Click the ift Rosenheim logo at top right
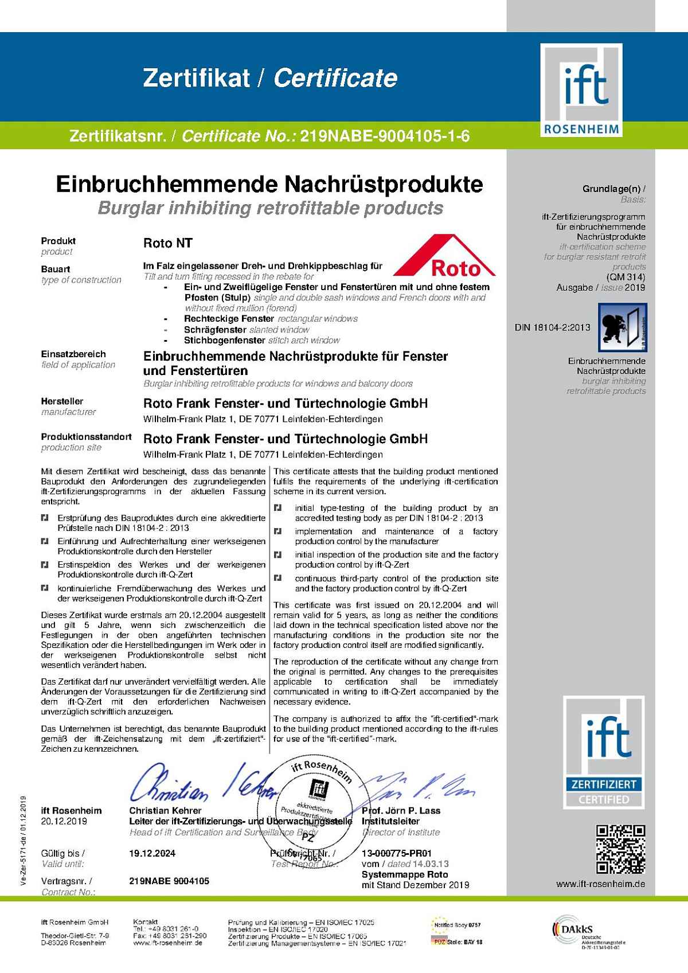(x=582, y=91)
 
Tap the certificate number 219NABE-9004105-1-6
(x=385, y=137)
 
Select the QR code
(x=620, y=849)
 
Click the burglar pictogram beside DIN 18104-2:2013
(x=622, y=327)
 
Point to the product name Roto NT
(x=167, y=243)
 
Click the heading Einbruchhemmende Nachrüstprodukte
(x=269, y=184)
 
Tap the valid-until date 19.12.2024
(x=152, y=853)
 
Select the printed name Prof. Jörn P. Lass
(x=401, y=811)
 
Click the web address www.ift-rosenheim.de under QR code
(x=600, y=884)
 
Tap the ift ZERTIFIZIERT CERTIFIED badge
(x=604, y=752)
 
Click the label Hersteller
(x=62, y=401)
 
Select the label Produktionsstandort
(x=86, y=437)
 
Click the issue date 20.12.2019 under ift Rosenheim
(x=64, y=821)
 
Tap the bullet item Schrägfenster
(x=216, y=330)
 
